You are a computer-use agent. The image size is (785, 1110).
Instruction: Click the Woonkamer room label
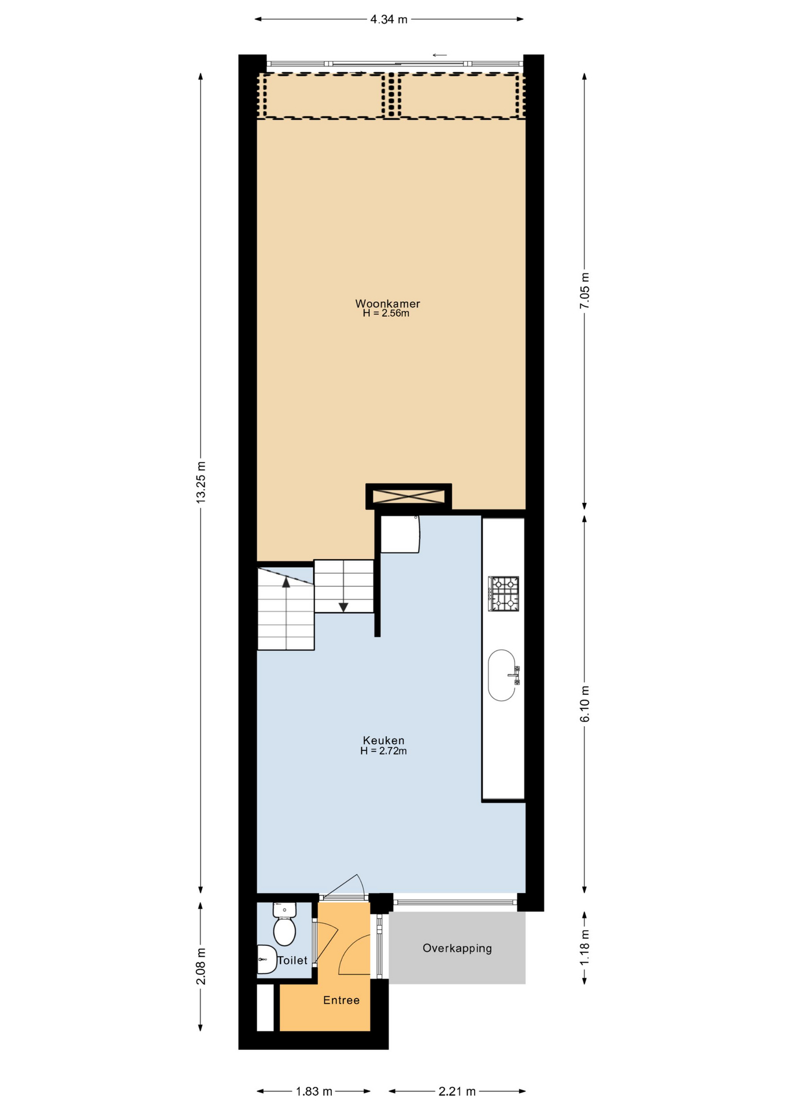(x=387, y=304)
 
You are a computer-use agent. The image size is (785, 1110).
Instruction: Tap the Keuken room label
(x=383, y=740)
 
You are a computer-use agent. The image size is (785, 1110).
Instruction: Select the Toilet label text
(x=292, y=960)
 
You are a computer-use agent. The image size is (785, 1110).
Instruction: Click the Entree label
(x=341, y=1000)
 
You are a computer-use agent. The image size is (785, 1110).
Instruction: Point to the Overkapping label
(x=457, y=948)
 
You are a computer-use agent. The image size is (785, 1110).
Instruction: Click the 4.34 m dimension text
(x=389, y=20)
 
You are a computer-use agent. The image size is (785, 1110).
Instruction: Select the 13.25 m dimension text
(x=201, y=482)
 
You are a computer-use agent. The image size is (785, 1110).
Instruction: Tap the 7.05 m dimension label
(x=584, y=290)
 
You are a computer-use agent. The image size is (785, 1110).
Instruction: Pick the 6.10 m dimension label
(x=584, y=704)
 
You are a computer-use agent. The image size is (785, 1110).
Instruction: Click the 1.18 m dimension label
(x=584, y=947)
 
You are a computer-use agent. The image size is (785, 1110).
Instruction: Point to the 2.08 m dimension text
(x=201, y=966)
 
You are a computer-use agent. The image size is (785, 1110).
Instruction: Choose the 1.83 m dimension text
(x=314, y=1091)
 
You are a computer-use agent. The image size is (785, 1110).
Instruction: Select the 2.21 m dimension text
(x=457, y=1091)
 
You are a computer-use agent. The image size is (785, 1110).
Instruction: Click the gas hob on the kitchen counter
(x=503, y=594)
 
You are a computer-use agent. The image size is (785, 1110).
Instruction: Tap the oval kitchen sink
(x=502, y=675)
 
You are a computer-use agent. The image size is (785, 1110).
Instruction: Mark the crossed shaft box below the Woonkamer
(x=408, y=496)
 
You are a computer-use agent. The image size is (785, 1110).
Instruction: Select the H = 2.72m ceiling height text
(x=383, y=751)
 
